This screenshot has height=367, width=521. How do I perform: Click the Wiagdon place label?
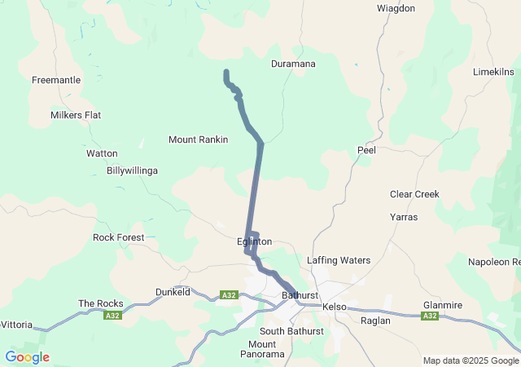click(x=396, y=8)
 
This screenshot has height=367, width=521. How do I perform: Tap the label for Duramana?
click(x=293, y=64)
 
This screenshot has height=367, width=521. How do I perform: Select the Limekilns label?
click(x=493, y=73)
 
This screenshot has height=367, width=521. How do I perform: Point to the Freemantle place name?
click(x=56, y=80)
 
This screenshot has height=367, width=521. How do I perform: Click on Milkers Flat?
click(x=76, y=115)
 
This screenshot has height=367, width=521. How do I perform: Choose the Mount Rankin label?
click(x=198, y=139)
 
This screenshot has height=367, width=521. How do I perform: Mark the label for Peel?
click(x=366, y=150)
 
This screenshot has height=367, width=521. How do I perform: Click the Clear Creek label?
click(x=414, y=194)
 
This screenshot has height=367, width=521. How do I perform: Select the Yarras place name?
click(x=404, y=219)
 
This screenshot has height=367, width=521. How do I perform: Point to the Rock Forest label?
click(x=119, y=237)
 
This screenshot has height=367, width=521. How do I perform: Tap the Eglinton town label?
click(x=254, y=242)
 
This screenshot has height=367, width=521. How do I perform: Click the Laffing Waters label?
click(x=339, y=260)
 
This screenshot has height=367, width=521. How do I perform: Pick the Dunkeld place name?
click(x=173, y=291)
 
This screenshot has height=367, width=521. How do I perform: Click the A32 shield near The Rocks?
click(x=112, y=316)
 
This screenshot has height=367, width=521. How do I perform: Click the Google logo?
click(x=27, y=356)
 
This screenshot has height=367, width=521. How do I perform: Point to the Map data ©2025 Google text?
click(x=470, y=360)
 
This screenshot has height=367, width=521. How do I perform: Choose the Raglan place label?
click(x=375, y=321)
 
